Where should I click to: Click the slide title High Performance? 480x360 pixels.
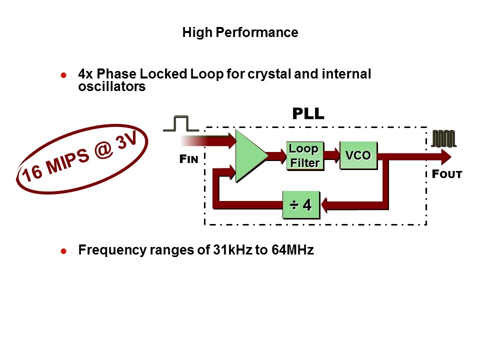tap(240, 33)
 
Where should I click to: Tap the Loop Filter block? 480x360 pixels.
tap(304, 155)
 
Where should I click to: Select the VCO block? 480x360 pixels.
tap(357, 155)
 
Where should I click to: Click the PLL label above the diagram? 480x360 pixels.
tap(308, 114)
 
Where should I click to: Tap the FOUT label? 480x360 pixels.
tap(446, 174)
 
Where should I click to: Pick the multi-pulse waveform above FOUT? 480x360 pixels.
tap(444, 138)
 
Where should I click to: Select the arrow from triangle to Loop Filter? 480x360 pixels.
tap(275, 154)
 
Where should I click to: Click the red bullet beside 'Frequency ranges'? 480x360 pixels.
tap(63, 251)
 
